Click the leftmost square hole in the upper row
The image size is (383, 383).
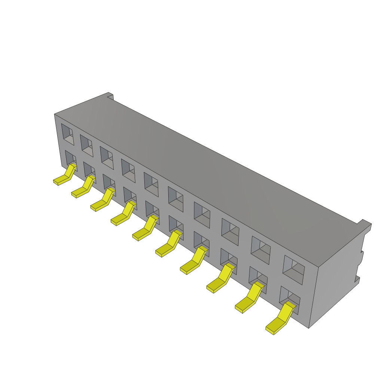coord(68,134)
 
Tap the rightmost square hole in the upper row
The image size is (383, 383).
coord(294,270)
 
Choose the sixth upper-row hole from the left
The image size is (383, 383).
coord(175,199)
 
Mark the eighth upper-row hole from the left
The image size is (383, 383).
coord(230,232)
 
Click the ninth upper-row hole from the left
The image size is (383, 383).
coord(260,250)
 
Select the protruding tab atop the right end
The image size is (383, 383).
coord(364,224)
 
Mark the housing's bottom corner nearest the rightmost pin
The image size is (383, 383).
coord(309,328)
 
